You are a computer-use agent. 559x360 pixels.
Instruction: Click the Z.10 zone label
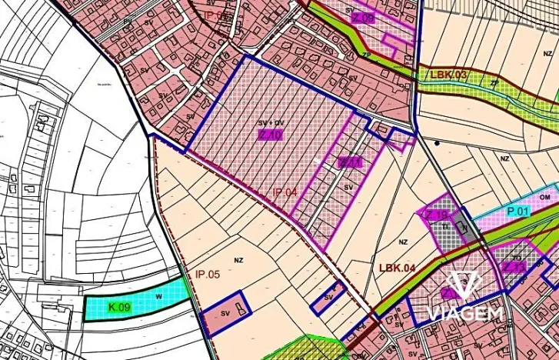271,133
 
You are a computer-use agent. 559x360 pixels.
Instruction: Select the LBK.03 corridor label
449,75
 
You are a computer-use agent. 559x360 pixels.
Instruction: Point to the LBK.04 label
397,268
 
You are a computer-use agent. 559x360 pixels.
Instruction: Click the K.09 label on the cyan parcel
118,308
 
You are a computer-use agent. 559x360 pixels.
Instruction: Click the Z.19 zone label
435,216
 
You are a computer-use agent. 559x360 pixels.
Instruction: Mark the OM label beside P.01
546,197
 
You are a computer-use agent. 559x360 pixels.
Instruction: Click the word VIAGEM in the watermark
466,313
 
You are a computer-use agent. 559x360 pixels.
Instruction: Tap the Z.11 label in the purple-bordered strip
350,162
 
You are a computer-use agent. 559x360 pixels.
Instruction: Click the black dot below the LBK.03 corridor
437,143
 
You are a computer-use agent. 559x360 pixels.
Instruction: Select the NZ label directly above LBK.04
402,242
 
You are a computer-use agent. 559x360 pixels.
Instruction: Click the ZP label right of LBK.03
494,82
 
